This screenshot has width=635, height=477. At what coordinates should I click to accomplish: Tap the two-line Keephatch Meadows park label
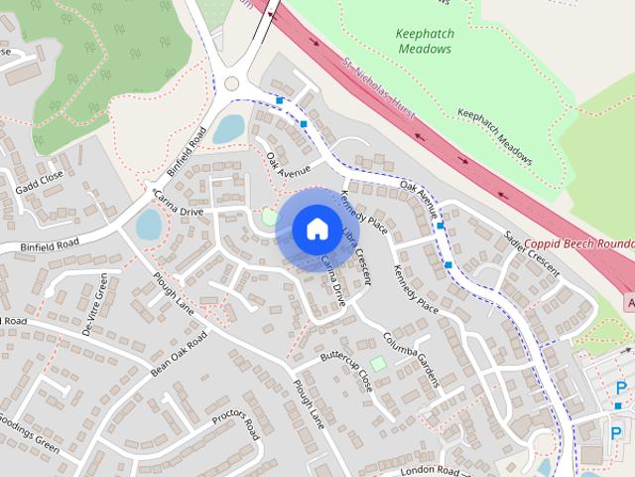[426, 41]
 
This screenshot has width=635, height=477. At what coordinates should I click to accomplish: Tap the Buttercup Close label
[346, 367]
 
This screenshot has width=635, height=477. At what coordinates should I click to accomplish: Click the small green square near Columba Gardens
[377, 364]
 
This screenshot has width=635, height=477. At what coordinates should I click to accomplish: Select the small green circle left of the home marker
[270, 217]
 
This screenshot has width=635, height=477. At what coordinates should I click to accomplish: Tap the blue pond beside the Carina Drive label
[148, 226]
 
